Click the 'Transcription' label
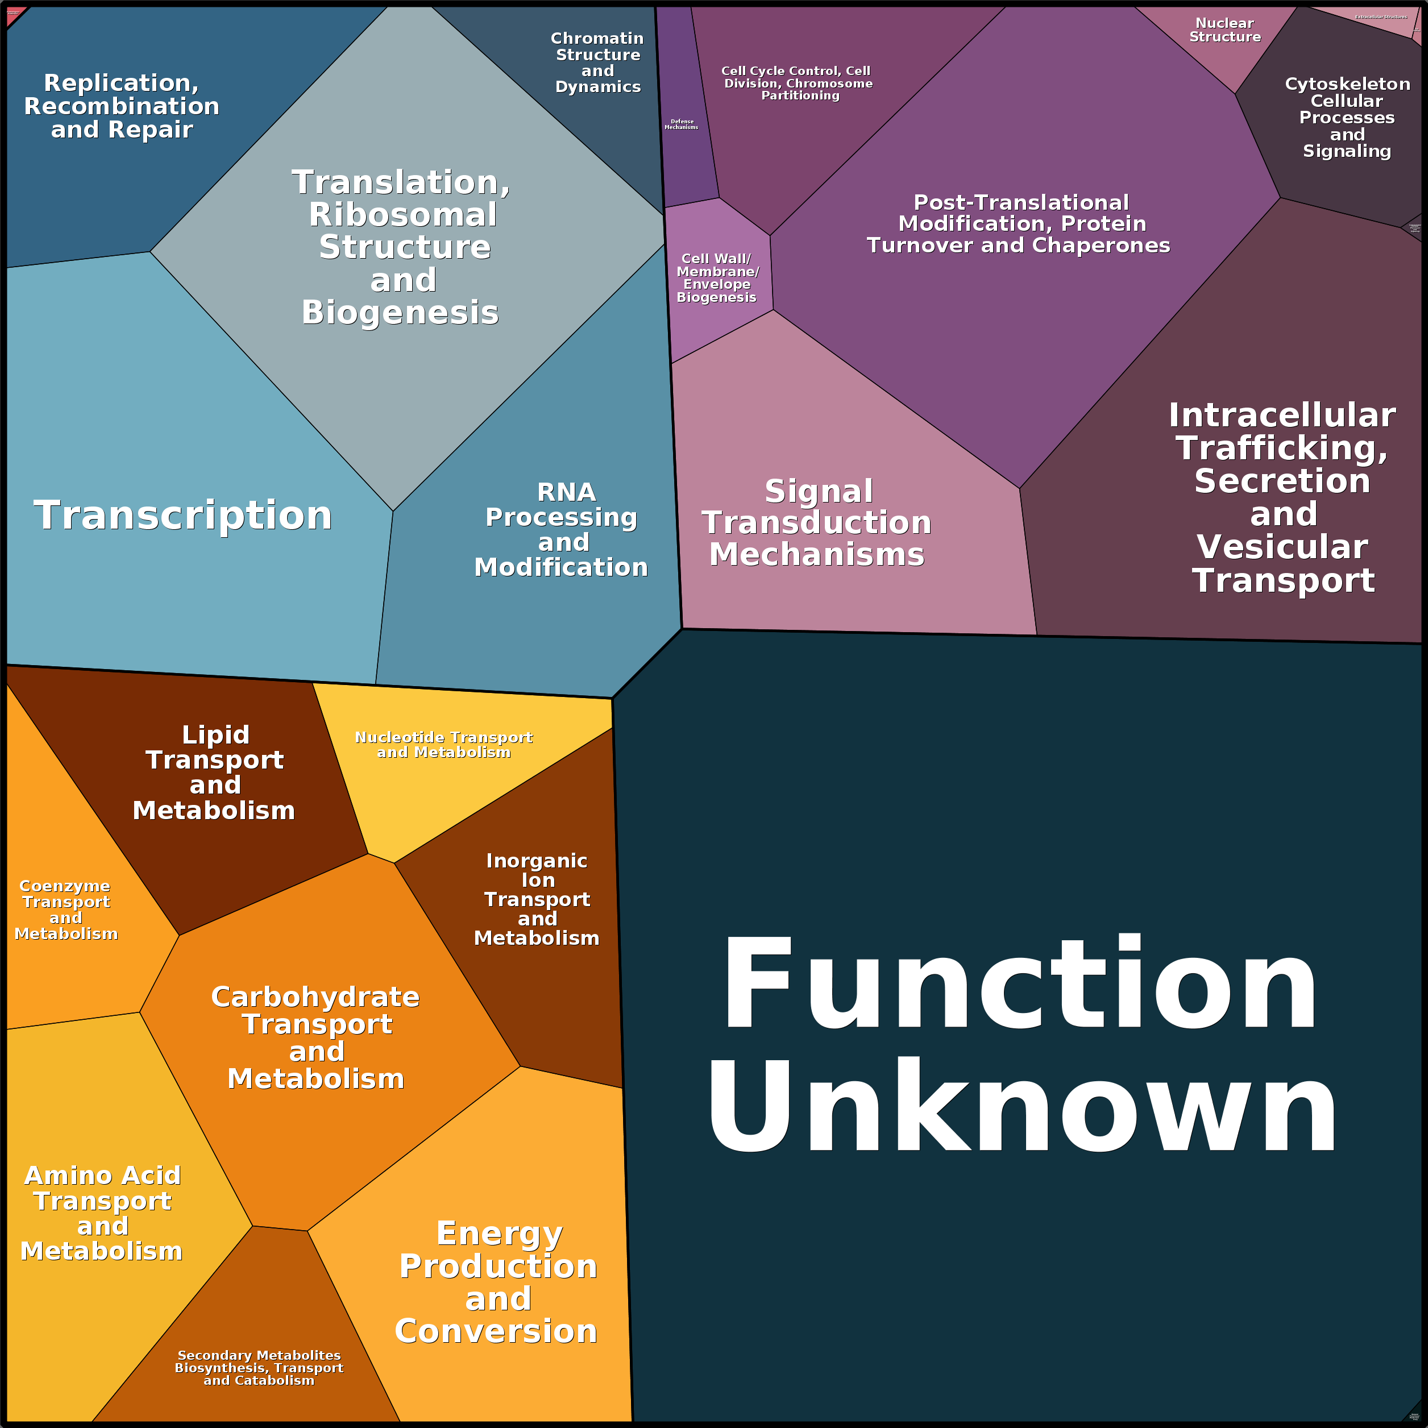(x=183, y=515)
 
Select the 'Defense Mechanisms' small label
(x=682, y=124)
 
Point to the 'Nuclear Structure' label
(x=1224, y=30)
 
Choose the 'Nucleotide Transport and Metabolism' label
(x=443, y=744)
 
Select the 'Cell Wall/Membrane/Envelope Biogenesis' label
(x=716, y=278)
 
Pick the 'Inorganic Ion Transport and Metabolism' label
(x=537, y=899)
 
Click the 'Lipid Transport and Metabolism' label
(x=214, y=773)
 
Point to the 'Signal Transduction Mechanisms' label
(x=817, y=522)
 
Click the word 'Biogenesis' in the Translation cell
(x=401, y=313)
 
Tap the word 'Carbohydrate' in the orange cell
(x=316, y=997)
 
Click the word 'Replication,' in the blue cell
(x=121, y=83)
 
